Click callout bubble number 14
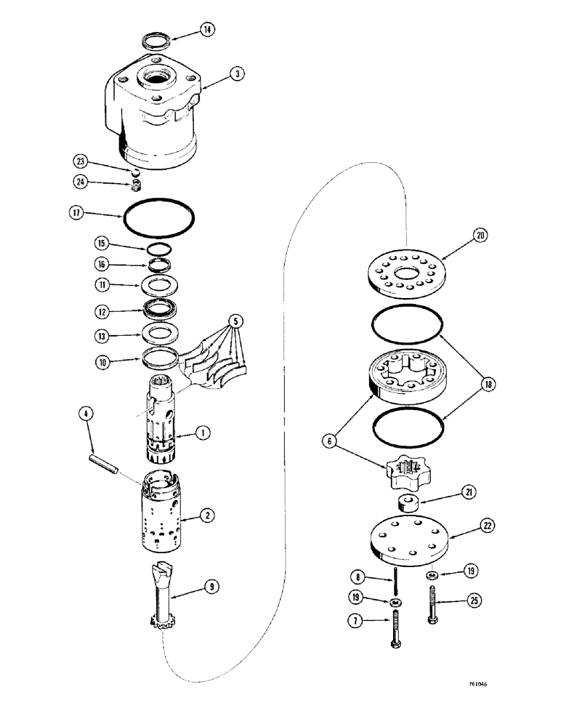208,30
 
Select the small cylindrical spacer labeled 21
408,503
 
